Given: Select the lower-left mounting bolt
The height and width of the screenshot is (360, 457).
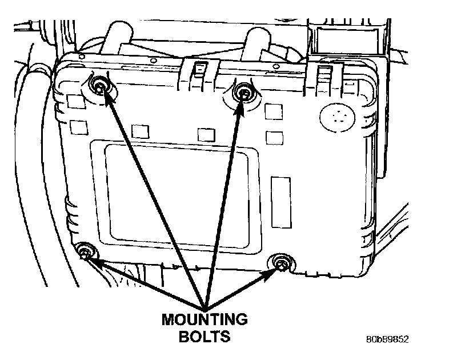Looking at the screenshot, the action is click(x=86, y=252).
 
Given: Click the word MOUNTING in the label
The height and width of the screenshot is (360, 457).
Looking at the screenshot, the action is click(x=205, y=319).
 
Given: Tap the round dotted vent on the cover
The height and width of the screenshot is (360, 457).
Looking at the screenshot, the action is click(x=336, y=118).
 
